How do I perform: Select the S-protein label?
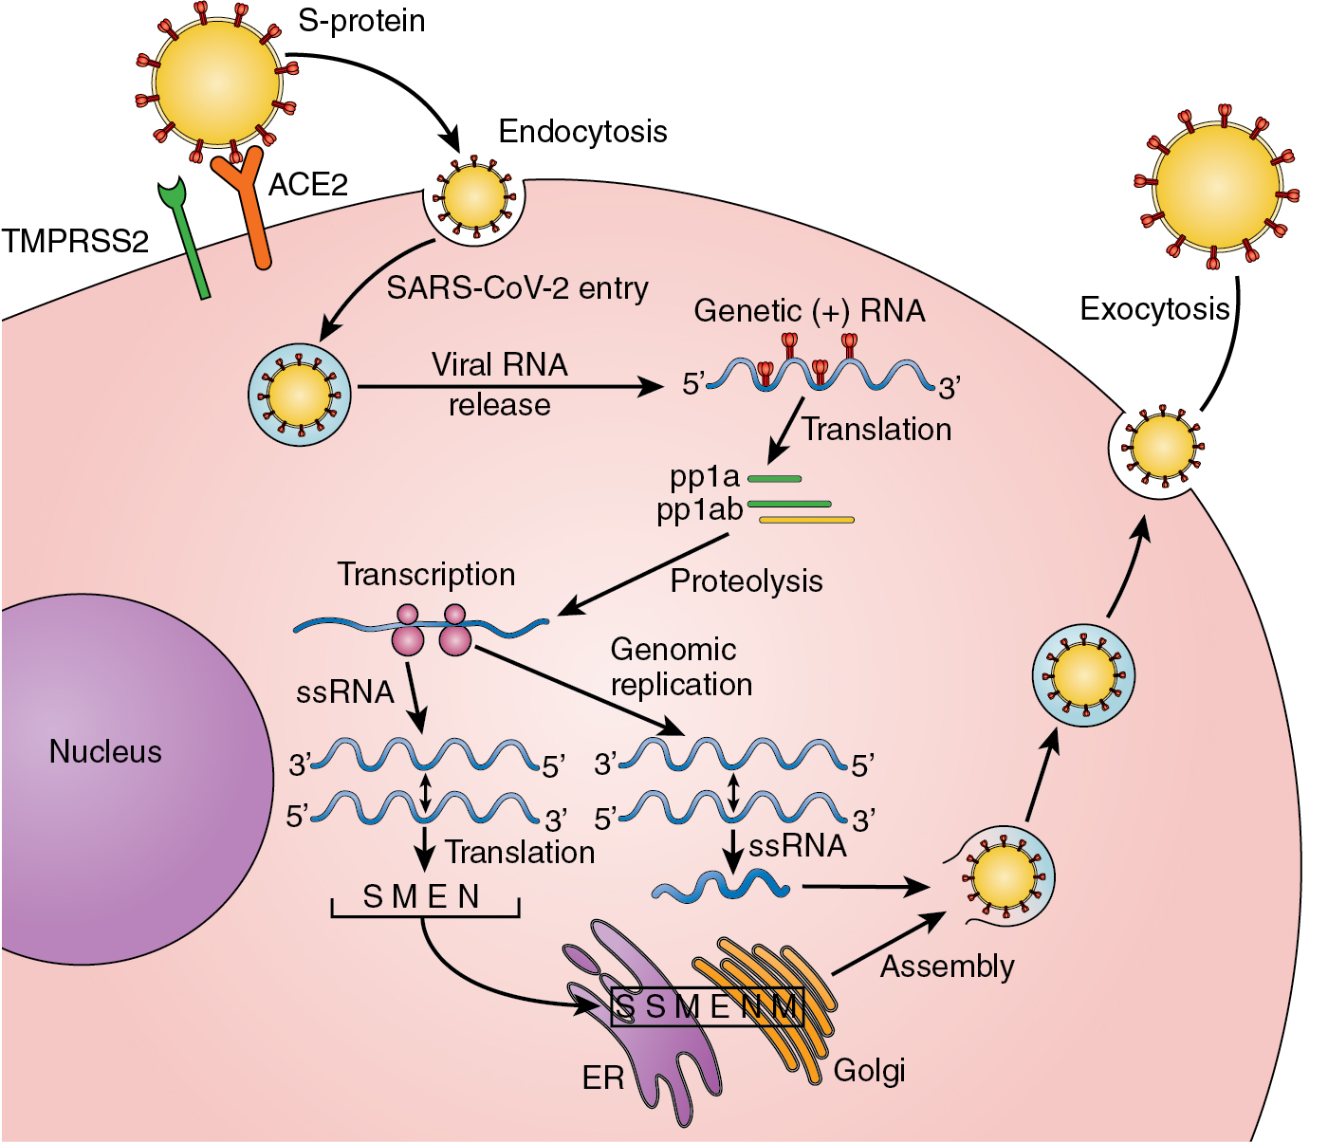click(x=361, y=21)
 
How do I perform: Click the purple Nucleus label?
click(x=105, y=752)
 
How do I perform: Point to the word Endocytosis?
click(x=582, y=132)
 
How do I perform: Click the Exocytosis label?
click(x=1154, y=309)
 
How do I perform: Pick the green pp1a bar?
click(x=775, y=478)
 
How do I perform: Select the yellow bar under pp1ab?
click(x=806, y=520)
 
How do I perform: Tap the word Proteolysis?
click(x=747, y=581)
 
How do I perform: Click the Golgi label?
click(x=869, y=1071)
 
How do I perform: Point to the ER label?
click(x=603, y=1078)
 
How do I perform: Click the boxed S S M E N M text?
click(x=708, y=1006)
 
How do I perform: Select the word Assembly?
click(x=947, y=967)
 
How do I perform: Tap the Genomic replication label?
click(x=680, y=667)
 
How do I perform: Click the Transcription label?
click(x=426, y=575)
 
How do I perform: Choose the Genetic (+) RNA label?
click(x=809, y=311)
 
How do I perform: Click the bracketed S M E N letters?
click(x=422, y=897)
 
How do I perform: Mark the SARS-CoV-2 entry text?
click(x=517, y=288)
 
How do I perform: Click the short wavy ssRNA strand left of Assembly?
click(x=721, y=886)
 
